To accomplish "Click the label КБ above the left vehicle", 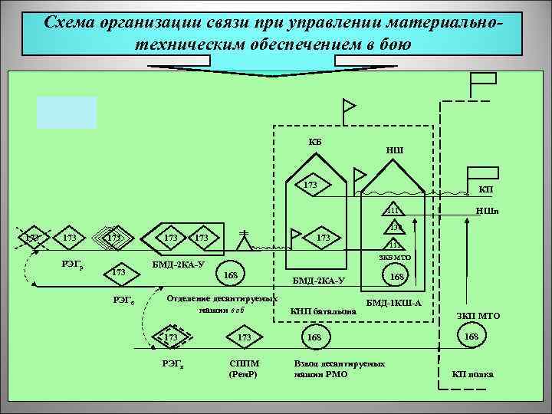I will click(x=315, y=141).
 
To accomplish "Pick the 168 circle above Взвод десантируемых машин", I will click(x=314, y=337).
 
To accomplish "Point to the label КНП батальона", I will click(x=323, y=311).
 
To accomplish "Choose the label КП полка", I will click(x=474, y=374).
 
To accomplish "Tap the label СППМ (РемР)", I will click(x=245, y=368).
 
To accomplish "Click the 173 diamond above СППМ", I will click(x=245, y=337).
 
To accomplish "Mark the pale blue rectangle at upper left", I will click(x=67, y=113).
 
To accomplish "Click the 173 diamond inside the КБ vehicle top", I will click(x=310, y=185).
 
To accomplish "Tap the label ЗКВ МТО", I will click(x=395, y=260).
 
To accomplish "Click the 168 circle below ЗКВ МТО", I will click(x=397, y=276).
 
